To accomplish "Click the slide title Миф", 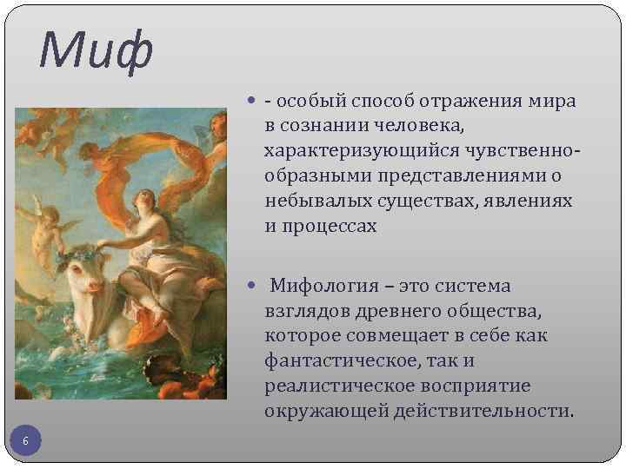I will pos(96,50).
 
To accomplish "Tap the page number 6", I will pos(25,442).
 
